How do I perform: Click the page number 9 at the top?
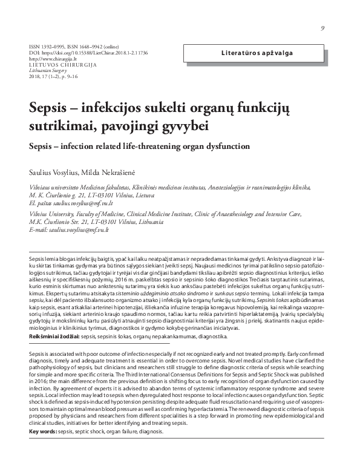pos(323,29)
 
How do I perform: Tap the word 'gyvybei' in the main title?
pos(184,128)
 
